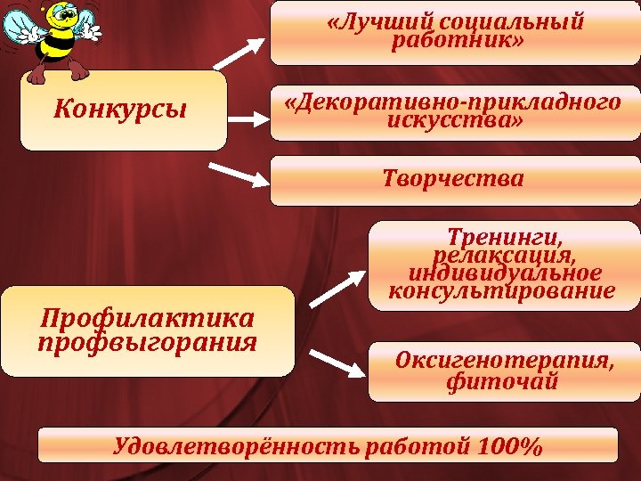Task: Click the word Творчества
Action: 453,179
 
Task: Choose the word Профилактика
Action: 147,317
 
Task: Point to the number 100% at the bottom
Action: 509,445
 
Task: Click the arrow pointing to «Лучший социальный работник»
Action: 239,53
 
